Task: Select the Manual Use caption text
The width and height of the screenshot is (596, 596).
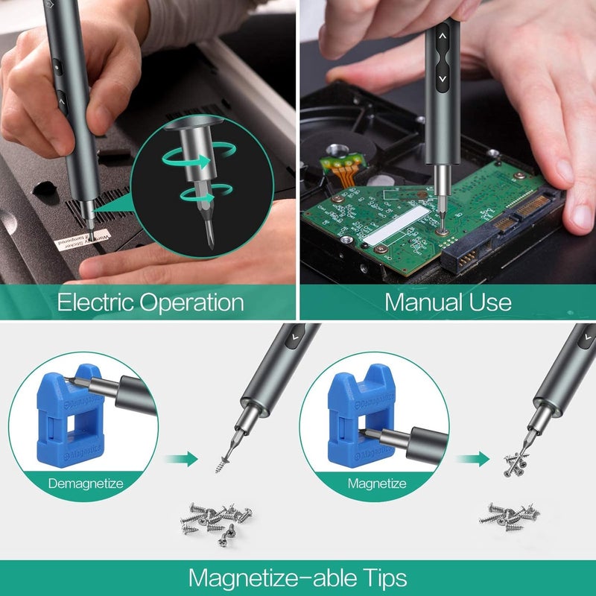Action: pos(448,302)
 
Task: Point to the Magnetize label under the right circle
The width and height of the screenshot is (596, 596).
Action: pos(377,484)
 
